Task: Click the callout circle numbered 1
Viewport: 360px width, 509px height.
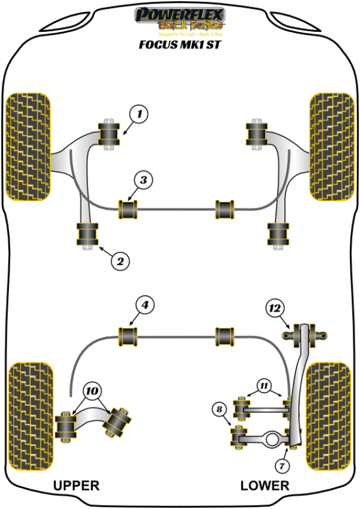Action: [139, 113]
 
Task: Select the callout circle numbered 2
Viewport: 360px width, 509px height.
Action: [120, 261]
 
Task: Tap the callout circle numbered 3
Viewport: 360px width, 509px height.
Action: [143, 179]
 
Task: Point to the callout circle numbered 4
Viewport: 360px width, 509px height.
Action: [144, 306]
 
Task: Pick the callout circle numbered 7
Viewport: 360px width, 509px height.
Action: [281, 465]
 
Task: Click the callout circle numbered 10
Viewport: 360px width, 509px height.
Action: [91, 390]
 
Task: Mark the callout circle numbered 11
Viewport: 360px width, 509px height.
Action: [264, 385]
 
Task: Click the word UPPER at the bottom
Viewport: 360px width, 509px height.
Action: [76, 485]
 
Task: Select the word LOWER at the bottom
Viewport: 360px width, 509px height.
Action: [265, 485]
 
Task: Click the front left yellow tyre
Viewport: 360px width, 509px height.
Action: [28, 146]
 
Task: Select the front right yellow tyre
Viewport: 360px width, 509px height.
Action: [330, 146]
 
